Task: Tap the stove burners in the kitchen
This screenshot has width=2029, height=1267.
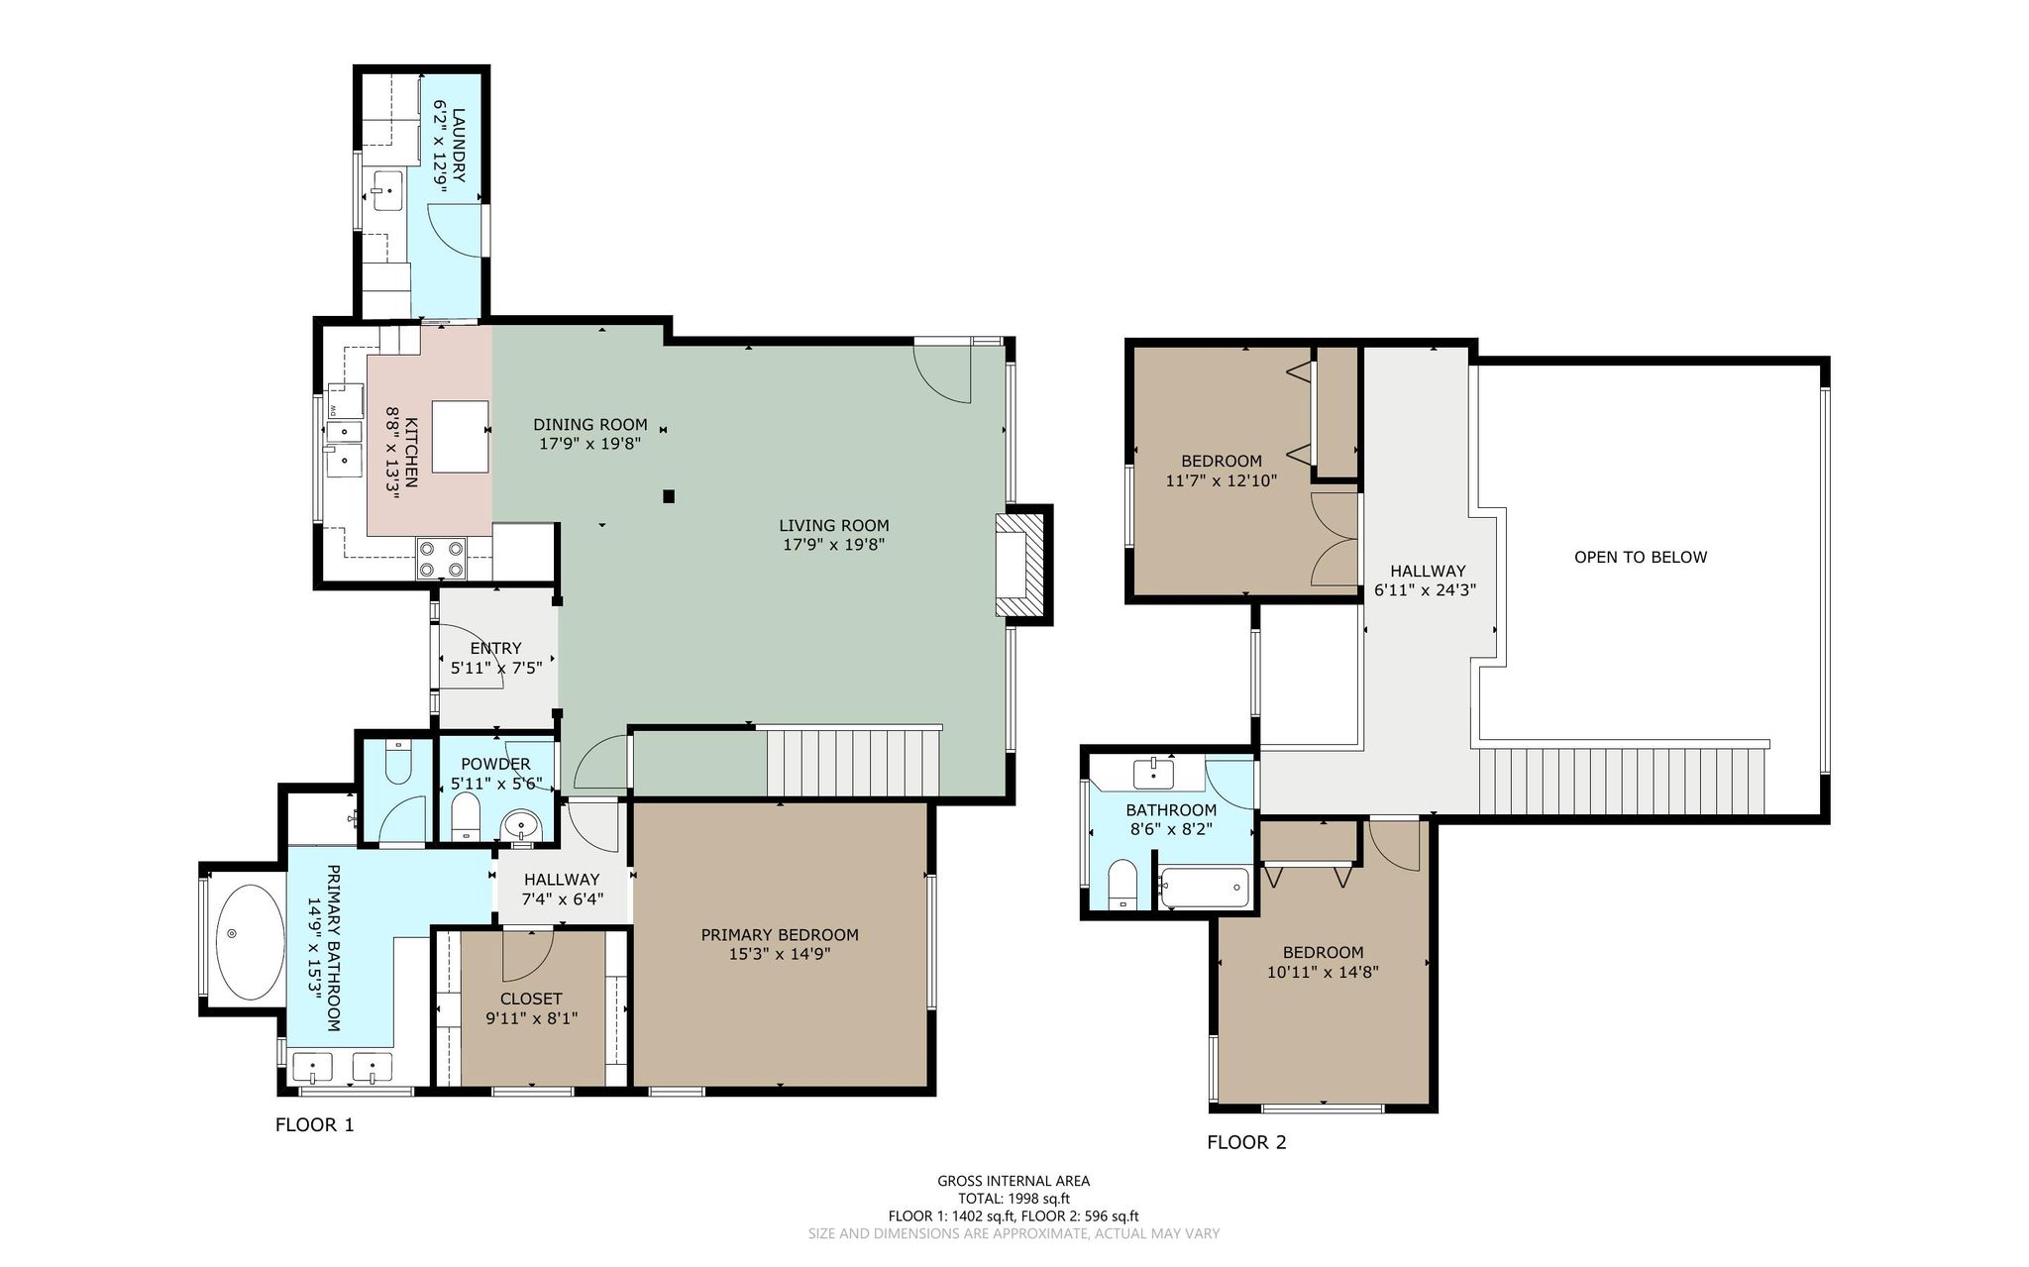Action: coord(442,557)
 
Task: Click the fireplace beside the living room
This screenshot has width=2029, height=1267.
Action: coord(1021,565)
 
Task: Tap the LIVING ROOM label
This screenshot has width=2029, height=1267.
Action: coord(833,526)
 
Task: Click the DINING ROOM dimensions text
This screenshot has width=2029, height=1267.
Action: coord(590,444)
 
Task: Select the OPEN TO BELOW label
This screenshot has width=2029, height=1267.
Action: coord(1641,557)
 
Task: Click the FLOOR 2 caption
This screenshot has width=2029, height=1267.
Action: coord(1246,1142)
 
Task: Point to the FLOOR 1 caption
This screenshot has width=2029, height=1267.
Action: coord(314,1124)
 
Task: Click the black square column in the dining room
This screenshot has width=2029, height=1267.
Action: coord(670,496)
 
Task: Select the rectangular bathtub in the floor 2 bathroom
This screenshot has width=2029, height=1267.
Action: coord(1203,888)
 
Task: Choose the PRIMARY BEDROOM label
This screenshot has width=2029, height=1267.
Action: coord(780,935)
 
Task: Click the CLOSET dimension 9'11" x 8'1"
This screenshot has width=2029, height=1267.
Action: coord(531,1018)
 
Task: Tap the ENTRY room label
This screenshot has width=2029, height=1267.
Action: coord(495,649)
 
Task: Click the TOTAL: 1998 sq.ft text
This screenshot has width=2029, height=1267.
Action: coord(1014,1199)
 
